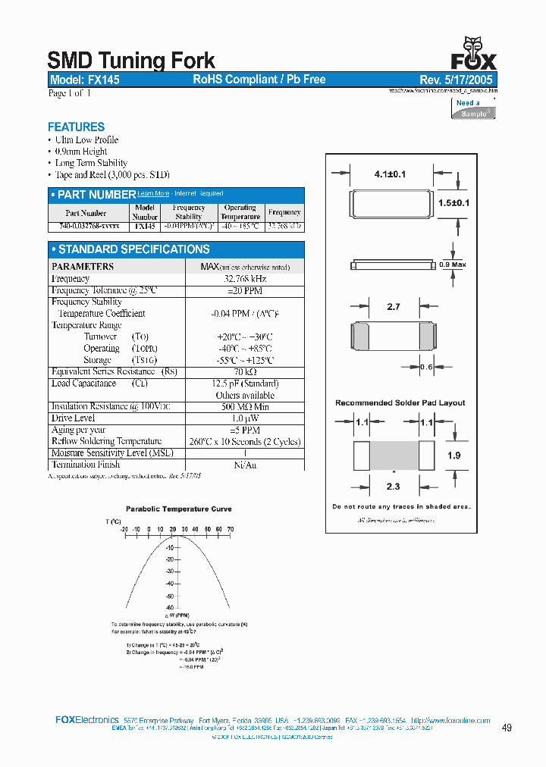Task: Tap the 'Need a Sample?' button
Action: [x=473, y=108]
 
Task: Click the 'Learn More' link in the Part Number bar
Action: [x=153, y=194]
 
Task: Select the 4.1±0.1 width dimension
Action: [x=390, y=174]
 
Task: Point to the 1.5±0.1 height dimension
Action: [x=454, y=203]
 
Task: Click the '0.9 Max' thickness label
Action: [x=453, y=265]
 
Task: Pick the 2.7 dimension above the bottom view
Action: [x=393, y=307]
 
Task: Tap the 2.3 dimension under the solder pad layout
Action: [x=393, y=487]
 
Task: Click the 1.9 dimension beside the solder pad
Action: [x=454, y=456]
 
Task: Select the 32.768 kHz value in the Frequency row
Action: [x=244, y=279]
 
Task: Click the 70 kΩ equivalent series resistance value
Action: [x=244, y=372]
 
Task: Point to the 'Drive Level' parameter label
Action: [x=74, y=418]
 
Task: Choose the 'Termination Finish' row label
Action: [x=85, y=465]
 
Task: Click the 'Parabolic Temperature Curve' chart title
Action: [x=179, y=509]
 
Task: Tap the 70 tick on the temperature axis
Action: [x=230, y=529]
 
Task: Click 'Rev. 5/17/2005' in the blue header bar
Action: [x=456, y=80]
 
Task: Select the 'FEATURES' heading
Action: [x=76, y=127]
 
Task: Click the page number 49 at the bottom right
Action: [x=507, y=728]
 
